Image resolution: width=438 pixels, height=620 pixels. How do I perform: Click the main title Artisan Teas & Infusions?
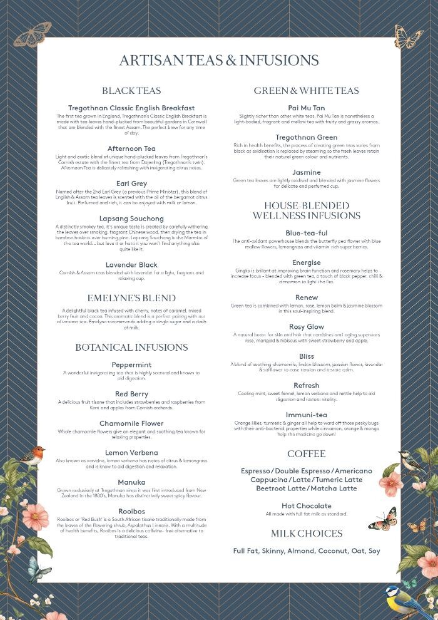(x=219, y=61)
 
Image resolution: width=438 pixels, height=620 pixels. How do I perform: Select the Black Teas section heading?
(x=131, y=91)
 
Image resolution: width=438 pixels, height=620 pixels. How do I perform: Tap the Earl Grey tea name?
(x=131, y=184)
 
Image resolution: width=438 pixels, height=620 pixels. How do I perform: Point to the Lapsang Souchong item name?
(x=131, y=219)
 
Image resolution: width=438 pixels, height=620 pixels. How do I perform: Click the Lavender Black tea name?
(x=131, y=265)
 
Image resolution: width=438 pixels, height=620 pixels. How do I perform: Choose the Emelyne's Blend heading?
(x=131, y=298)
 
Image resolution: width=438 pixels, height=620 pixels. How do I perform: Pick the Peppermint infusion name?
(x=131, y=364)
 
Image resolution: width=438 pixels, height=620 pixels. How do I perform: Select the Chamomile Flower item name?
(x=131, y=423)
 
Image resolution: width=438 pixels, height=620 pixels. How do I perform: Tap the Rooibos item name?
(x=131, y=510)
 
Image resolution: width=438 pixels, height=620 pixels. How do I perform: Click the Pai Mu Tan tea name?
(x=307, y=108)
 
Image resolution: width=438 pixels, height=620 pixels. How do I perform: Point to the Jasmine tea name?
(x=307, y=172)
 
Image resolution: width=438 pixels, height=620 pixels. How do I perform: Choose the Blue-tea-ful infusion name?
(x=307, y=232)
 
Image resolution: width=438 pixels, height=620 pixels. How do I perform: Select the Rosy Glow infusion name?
(x=307, y=327)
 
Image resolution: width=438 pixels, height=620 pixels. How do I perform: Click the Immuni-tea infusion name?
(x=307, y=415)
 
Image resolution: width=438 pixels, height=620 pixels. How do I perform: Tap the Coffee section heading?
(x=307, y=454)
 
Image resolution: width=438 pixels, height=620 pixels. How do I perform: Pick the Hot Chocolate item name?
(x=307, y=506)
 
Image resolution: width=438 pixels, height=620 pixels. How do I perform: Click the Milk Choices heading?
(x=307, y=534)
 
